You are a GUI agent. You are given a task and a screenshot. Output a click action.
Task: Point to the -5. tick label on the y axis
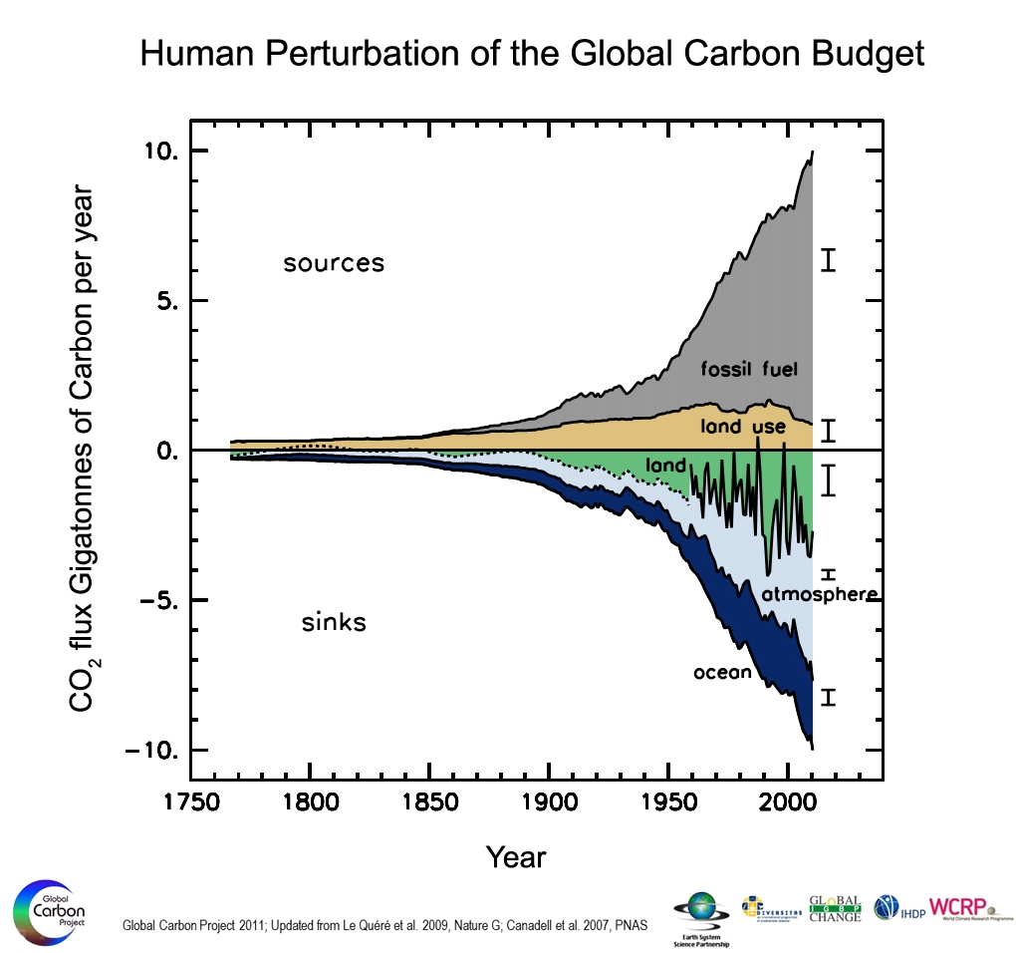pyautogui.click(x=153, y=601)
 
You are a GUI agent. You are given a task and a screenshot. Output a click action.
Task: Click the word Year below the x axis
pyautogui.click(x=516, y=856)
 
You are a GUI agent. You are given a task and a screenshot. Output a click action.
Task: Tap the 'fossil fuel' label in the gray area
pyautogui.click(x=749, y=369)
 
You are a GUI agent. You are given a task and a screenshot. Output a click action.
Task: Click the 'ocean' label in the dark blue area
pyautogui.click(x=722, y=673)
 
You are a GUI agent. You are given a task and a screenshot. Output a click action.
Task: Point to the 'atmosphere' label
pyautogui.click(x=820, y=595)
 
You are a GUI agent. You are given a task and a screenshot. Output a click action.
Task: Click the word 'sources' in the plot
pyautogui.click(x=334, y=264)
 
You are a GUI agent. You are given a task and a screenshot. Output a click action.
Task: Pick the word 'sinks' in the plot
pyautogui.click(x=334, y=624)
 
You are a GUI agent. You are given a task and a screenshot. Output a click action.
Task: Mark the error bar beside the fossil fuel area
pyautogui.click(x=827, y=260)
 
